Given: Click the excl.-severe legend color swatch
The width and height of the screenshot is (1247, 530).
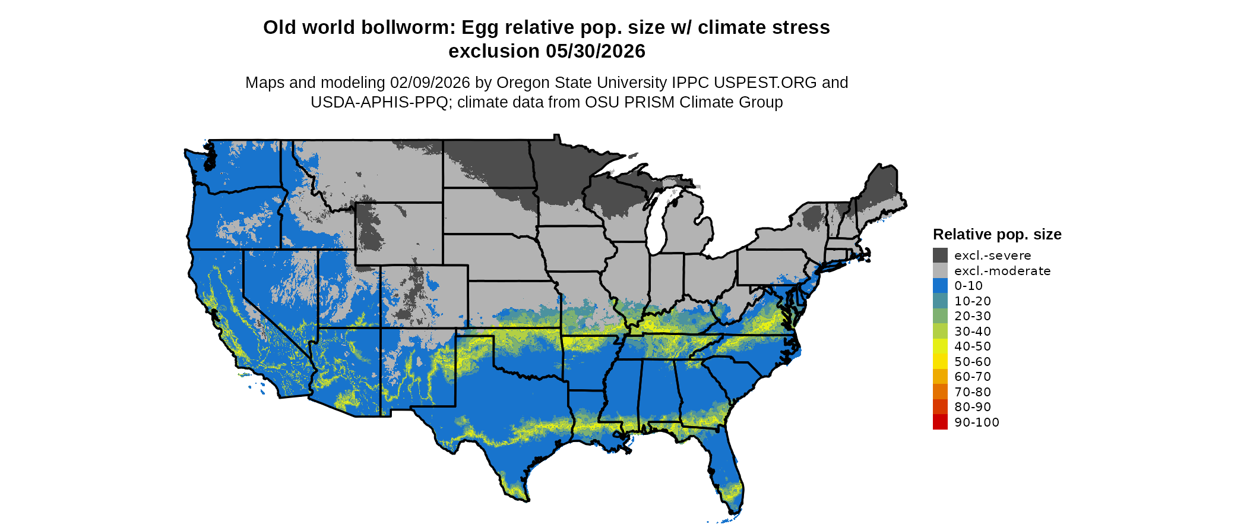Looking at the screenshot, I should tap(940, 255).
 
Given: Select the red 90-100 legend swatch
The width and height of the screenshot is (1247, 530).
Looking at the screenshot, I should tap(940, 422).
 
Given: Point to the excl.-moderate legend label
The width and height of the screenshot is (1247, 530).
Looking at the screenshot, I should tap(1002, 271).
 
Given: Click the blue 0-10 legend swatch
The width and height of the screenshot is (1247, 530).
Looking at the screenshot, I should tap(940, 286).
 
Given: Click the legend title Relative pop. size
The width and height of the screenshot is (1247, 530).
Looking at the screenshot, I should tap(997, 234).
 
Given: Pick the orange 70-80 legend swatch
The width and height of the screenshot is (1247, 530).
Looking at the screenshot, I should tap(940, 392).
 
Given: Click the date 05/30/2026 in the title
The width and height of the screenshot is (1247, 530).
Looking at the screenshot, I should tap(596, 51).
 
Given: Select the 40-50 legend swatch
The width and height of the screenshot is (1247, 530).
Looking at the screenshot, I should tap(940, 346).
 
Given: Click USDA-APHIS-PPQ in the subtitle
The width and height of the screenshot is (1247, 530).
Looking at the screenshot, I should tap(379, 102).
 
